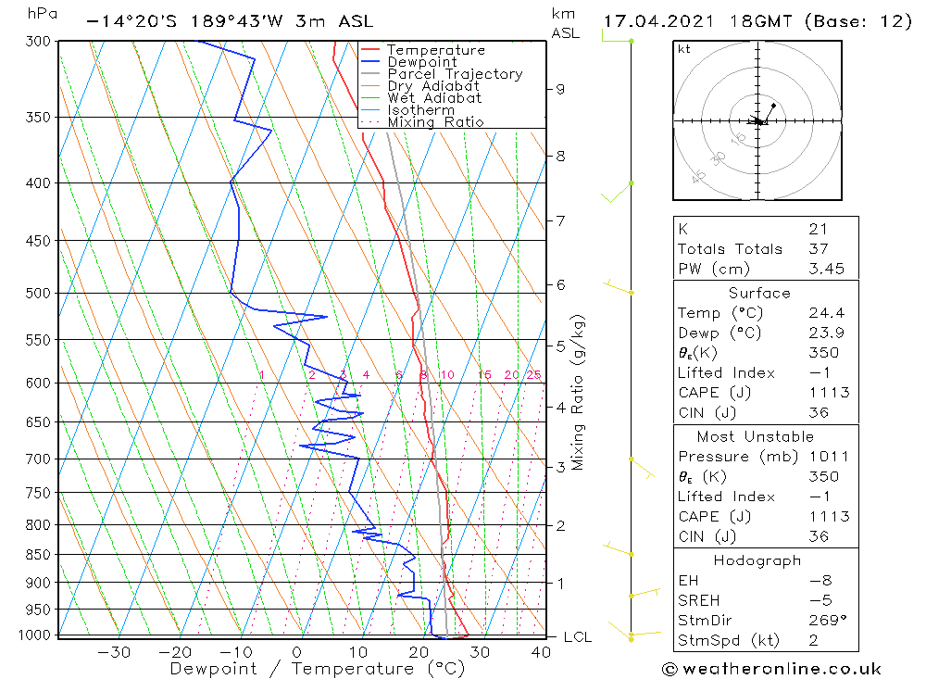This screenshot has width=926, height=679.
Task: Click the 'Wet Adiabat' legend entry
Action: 434,98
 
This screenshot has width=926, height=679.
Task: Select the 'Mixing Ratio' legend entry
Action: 435,122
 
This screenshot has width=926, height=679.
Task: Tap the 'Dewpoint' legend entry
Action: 421,62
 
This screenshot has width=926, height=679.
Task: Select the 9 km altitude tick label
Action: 560,89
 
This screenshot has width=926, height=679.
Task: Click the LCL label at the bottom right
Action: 577,637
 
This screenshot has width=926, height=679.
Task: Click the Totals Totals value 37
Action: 817,248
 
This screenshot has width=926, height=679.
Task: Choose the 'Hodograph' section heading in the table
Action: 757,560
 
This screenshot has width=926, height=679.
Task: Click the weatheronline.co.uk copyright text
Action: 772,669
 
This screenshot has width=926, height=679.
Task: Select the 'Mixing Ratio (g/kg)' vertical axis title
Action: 578,393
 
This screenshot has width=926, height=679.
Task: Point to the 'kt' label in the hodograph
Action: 684,49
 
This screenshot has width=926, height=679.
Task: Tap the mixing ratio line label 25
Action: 533,375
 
